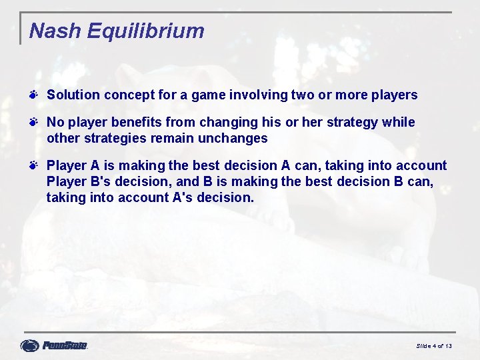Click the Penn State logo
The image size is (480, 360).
(54, 345)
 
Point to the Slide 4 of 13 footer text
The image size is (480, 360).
(434, 346)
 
